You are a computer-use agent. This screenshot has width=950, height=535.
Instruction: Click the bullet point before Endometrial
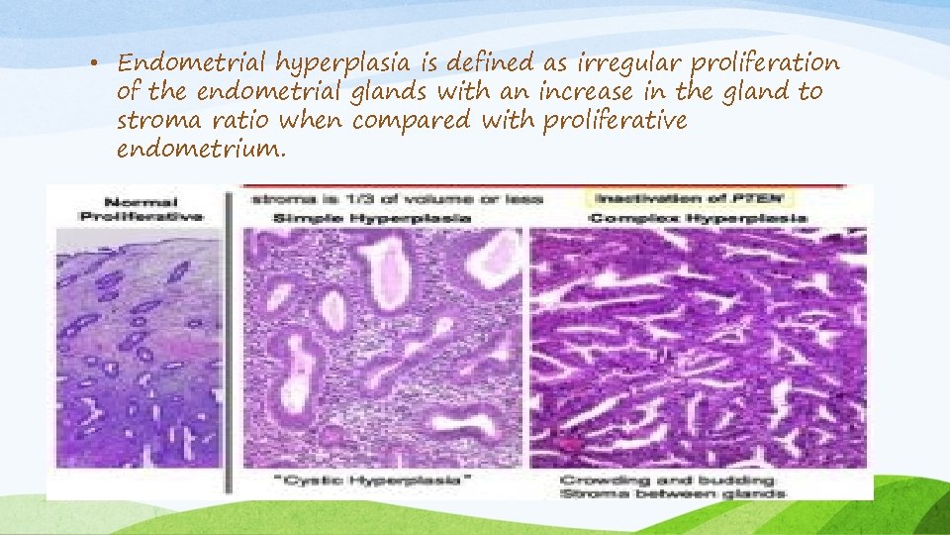pos(102,64)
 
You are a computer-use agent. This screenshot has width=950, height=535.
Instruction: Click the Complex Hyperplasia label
pos(698,217)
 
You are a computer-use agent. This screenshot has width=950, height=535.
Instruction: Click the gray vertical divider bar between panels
pos(230,337)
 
